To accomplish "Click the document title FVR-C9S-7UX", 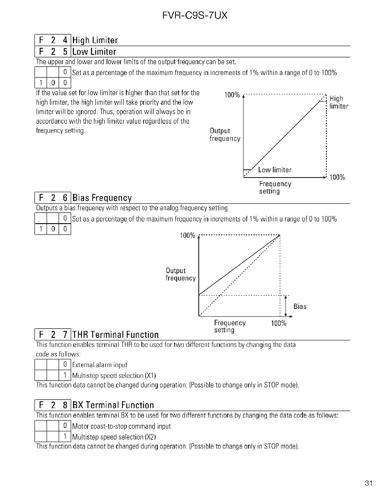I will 195,16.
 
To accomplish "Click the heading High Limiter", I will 95,40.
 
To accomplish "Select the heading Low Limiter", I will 94,52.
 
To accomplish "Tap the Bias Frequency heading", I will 102,198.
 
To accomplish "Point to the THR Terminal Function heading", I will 115,334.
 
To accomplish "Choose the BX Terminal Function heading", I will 113,405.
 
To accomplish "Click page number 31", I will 368,483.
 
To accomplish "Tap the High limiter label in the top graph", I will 338,102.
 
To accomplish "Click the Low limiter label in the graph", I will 275,170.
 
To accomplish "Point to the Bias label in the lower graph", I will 300,306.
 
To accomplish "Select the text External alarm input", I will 100,365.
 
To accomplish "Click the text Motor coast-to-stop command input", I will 121,426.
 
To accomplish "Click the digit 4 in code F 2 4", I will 65,40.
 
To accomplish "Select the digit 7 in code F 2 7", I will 65,334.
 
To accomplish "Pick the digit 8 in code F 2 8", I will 65,405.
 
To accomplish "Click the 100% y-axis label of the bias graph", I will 188,235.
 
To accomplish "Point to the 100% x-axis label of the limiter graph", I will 337,178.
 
